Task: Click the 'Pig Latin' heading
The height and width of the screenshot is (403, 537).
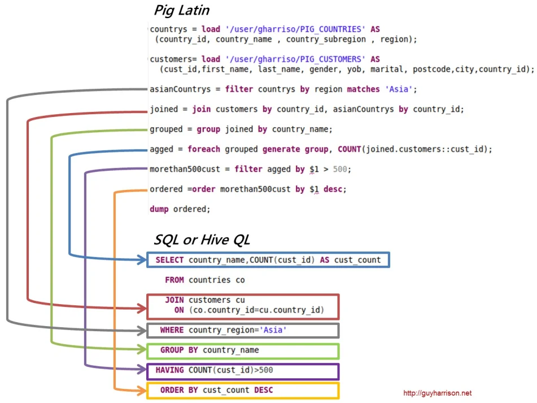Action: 181,10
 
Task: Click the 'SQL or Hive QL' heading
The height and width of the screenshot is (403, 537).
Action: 202,240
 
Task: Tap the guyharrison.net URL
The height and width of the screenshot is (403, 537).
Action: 438,393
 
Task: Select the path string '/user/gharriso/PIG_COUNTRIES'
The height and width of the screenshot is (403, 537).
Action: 295,29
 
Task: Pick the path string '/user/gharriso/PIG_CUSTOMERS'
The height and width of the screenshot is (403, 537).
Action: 295,59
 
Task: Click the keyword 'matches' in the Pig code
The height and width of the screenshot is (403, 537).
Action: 364,89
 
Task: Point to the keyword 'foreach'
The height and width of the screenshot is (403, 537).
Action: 204,149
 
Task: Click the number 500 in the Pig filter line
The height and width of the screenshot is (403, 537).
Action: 340,169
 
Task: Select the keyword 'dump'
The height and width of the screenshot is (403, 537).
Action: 159,209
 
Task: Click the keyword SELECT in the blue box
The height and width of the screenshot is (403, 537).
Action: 169,260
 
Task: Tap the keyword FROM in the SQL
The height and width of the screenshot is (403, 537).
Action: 174,280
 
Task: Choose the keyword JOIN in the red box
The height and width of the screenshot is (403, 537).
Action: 174,300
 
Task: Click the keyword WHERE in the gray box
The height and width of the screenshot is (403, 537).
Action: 172,330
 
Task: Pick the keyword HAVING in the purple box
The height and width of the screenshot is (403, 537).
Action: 169,370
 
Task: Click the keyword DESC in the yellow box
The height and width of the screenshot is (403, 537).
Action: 263,390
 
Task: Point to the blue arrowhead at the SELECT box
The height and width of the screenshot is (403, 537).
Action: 142,259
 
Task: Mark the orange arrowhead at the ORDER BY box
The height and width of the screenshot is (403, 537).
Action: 142,390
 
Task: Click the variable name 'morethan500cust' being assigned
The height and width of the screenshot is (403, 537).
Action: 185,170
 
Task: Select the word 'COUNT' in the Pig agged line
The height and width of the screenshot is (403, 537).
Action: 350,149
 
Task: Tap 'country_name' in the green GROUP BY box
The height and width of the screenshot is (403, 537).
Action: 231,350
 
